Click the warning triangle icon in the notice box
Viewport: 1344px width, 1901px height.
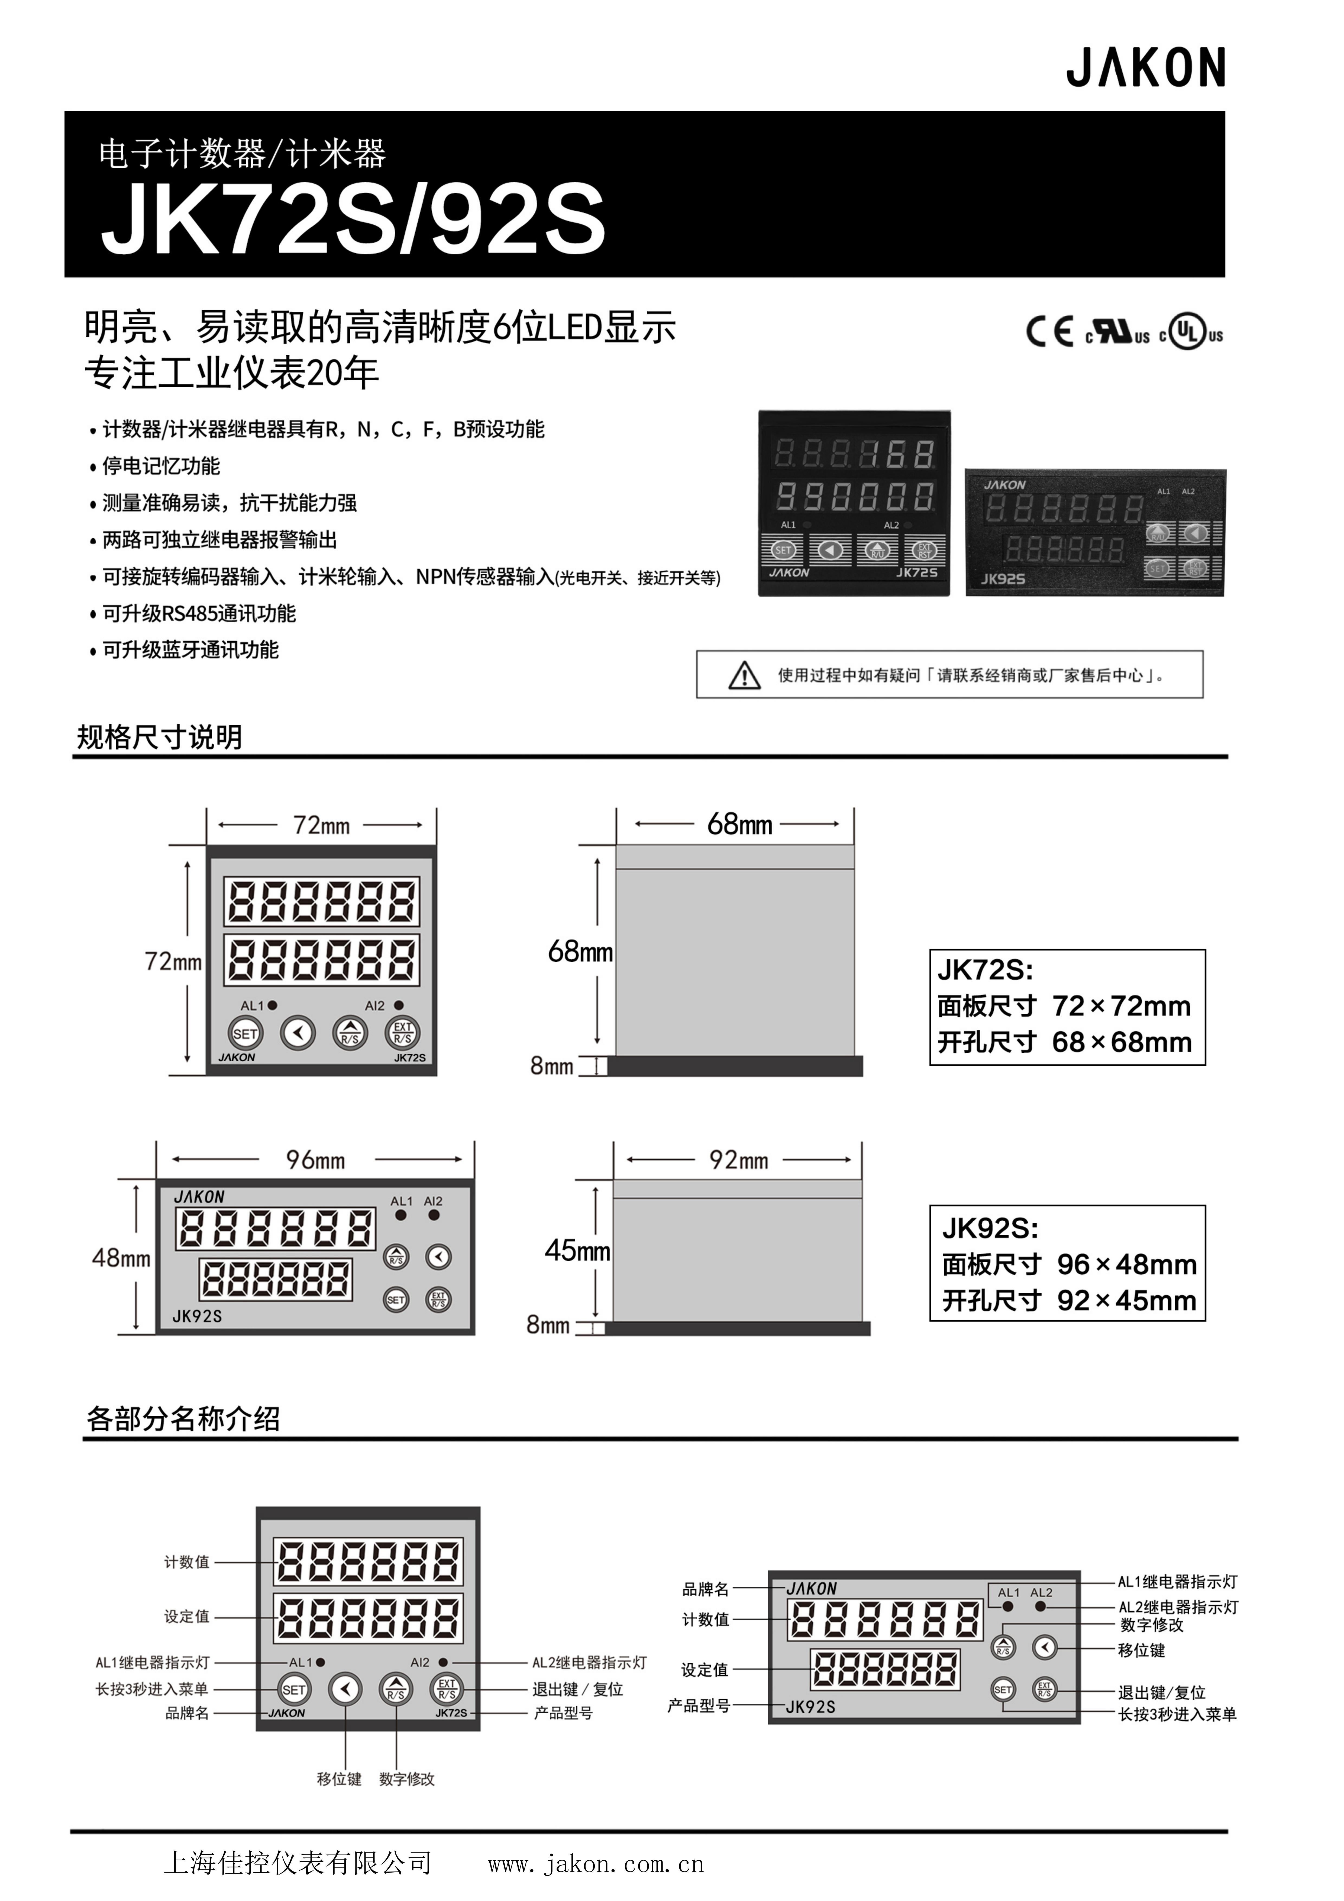point(744,675)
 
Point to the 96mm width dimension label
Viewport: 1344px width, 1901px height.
point(315,1160)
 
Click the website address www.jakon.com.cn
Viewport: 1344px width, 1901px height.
point(595,1864)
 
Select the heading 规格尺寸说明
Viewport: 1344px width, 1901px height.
point(160,737)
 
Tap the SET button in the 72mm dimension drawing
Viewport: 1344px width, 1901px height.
point(245,1033)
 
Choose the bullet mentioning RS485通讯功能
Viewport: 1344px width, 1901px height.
point(199,613)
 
